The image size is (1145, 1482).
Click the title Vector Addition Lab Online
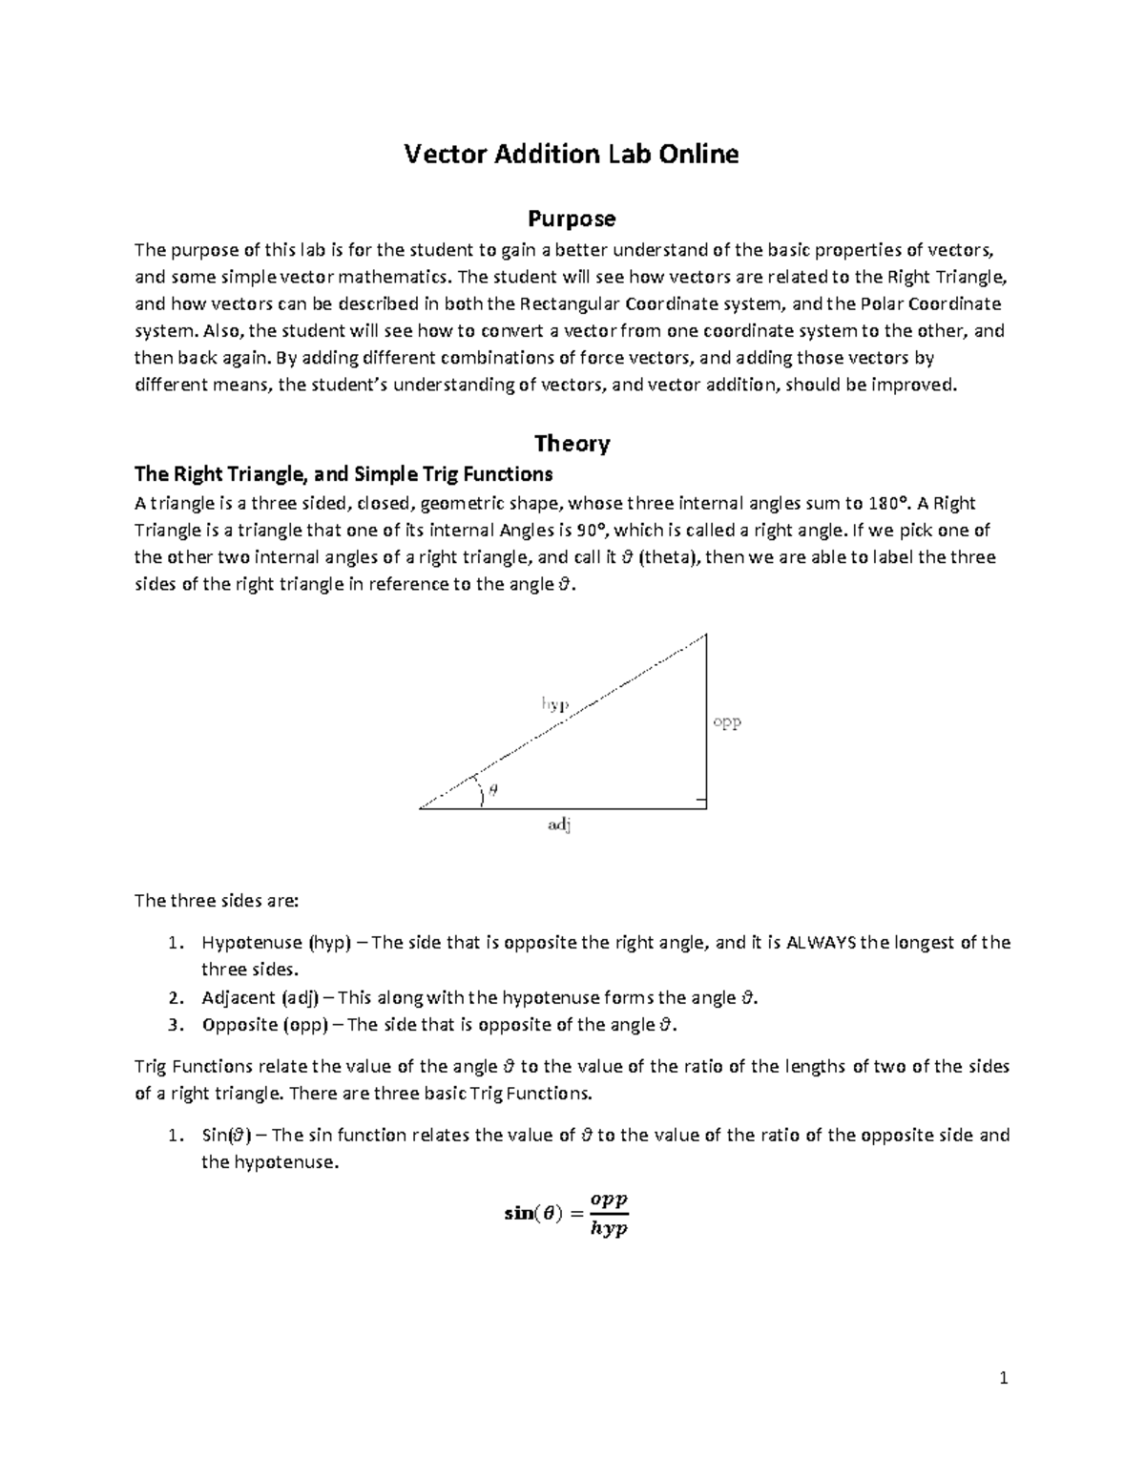572,154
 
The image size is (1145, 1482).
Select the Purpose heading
572,219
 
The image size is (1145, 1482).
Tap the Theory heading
572,443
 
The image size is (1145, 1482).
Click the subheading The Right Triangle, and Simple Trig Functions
343,474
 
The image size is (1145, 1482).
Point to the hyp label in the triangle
555,704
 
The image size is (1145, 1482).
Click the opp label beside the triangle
727,722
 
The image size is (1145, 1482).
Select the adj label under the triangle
559,826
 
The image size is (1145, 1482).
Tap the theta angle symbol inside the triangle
493,789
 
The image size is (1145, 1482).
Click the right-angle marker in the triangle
700,801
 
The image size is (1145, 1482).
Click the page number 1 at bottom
1003,1378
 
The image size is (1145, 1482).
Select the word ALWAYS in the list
821,943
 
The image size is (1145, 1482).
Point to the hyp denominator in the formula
609,1229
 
